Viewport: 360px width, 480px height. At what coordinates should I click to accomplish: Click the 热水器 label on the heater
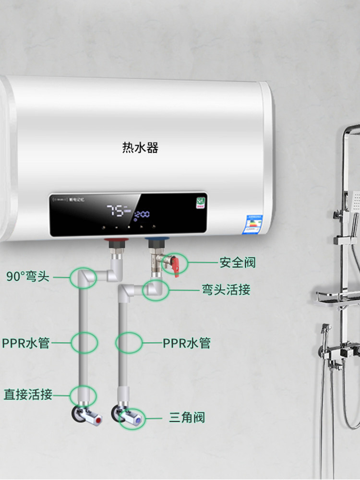(x=140, y=147)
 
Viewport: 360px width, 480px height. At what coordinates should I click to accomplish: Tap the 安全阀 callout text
(x=238, y=263)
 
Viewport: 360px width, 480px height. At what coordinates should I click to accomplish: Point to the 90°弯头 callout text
(x=28, y=276)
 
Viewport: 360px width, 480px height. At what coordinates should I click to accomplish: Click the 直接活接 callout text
(x=28, y=395)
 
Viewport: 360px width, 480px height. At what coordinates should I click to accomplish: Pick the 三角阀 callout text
(x=187, y=417)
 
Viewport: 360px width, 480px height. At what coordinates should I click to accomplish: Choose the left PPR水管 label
(x=26, y=343)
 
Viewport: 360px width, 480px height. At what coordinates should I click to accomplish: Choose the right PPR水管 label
(x=187, y=343)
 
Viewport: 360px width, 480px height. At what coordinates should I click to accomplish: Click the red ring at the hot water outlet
(x=116, y=239)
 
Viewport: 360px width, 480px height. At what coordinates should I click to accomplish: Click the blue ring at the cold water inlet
(x=156, y=239)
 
